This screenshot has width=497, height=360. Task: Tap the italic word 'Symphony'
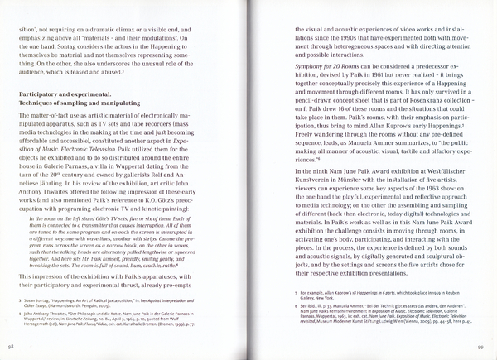click(x=293, y=65)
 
